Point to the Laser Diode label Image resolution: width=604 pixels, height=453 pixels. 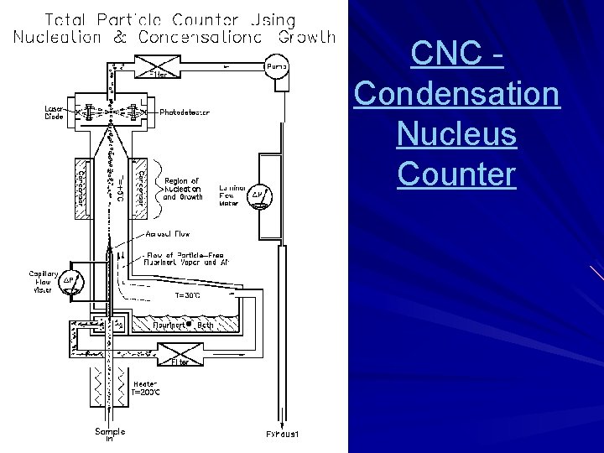pyautogui.click(x=55, y=112)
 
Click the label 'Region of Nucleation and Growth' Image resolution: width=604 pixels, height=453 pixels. pyautogui.click(x=183, y=189)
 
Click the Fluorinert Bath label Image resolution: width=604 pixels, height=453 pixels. pyautogui.click(x=183, y=324)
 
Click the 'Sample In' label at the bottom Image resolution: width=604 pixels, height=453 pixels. pyautogui.click(x=109, y=435)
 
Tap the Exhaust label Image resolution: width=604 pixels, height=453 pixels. pyautogui.click(x=283, y=435)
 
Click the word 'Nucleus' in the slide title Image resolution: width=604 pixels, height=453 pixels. pyautogui.click(x=456, y=133)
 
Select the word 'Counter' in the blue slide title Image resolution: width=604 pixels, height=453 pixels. pyautogui.click(x=456, y=174)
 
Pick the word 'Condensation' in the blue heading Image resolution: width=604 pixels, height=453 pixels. pyautogui.click(x=456, y=93)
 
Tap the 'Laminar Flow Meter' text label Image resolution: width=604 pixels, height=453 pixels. pyautogui.click(x=231, y=195)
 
